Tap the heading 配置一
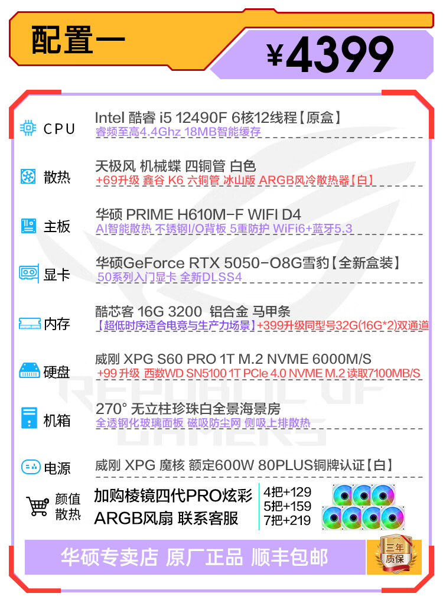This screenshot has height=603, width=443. pos(78,40)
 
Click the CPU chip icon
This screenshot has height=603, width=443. pos(28,128)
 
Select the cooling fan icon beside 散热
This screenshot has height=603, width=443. pos(28,177)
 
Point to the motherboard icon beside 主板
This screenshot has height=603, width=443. pos(28,226)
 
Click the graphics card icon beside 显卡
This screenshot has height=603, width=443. pos(29,273)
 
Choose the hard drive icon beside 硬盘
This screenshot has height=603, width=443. pos(29,371)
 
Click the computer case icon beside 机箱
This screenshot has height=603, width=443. pos(28,418)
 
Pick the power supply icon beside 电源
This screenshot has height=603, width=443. pos(30,467)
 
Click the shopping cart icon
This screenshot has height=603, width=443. pos(38,506)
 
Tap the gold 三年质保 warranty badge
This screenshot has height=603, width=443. pos(394,554)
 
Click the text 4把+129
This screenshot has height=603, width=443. pos(287,492)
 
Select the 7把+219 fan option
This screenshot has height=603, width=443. pos(287,520)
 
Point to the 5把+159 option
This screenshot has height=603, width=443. pos(287,506)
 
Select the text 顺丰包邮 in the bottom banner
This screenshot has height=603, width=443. pos(289,557)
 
